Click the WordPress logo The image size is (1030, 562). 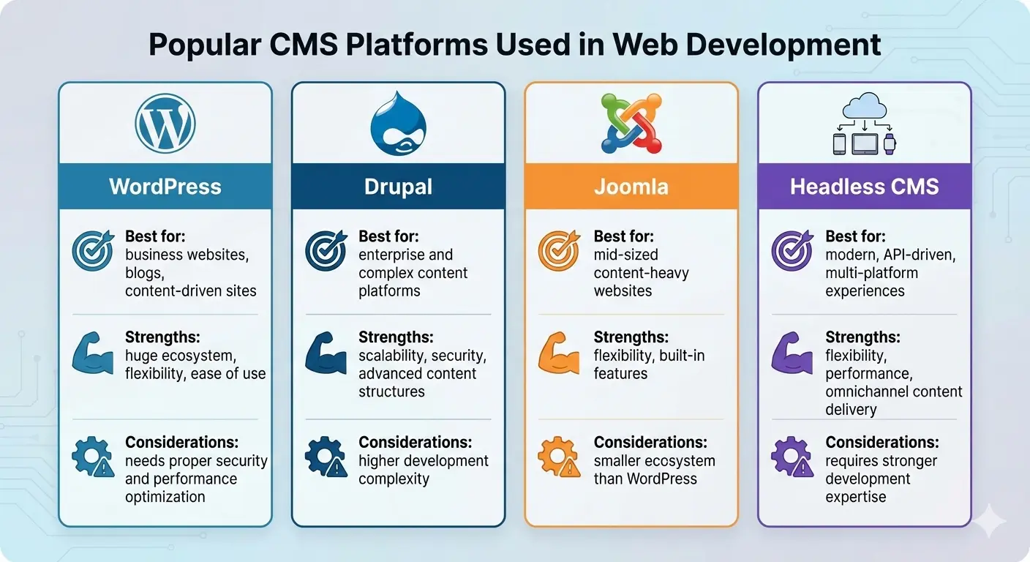coord(165,123)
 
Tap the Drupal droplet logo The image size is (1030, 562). coord(398,123)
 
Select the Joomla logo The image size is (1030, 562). coord(631,123)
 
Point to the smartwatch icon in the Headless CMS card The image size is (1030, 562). coord(889,143)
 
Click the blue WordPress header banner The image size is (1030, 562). coord(165,186)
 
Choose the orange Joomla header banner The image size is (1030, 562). coord(631,186)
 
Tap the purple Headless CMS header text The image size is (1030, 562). coord(864,186)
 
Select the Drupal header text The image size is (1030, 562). coord(398,186)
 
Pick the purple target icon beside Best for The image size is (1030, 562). coord(792,251)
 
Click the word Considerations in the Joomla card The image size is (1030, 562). coord(650,442)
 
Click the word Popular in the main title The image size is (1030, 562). coord(205,45)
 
